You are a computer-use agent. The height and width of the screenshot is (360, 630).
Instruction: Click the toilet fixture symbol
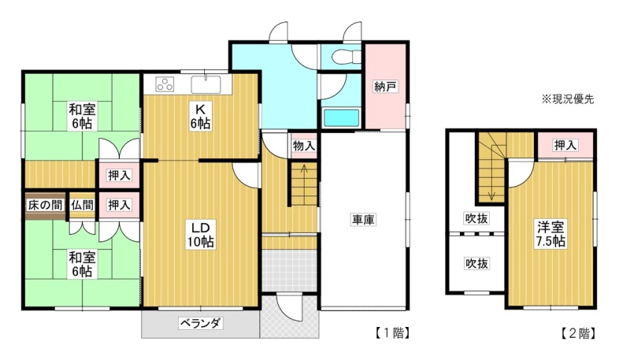point(346,57)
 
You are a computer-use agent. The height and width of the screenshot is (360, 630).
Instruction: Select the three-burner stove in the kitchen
point(165,84)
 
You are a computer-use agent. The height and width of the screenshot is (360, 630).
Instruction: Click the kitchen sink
point(206,84)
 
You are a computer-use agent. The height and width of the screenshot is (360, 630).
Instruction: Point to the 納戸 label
point(385,87)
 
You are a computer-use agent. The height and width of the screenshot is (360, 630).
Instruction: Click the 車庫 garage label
point(363,220)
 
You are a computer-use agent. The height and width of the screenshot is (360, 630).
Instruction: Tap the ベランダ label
point(201,324)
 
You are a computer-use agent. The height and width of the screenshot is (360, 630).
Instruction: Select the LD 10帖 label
point(201,234)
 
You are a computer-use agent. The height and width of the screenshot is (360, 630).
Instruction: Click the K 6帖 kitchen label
point(200,117)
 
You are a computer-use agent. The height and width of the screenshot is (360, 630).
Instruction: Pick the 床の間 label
point(45,206)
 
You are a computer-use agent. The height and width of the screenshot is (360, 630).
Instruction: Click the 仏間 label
point(83,206)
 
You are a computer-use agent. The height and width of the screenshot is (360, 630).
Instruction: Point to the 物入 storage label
point(304,146)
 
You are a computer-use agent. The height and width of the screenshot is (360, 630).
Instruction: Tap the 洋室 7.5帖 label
point(550,234)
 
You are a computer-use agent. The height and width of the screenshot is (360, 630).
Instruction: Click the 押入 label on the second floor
point(565,146)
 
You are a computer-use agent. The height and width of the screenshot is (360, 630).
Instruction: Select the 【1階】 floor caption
point(392,333)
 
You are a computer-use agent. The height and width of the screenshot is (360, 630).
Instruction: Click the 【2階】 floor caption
point(578,333)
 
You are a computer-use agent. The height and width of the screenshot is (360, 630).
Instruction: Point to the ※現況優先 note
point(567,99)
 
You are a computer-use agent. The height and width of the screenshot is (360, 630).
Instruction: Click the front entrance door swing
point(288,307)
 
